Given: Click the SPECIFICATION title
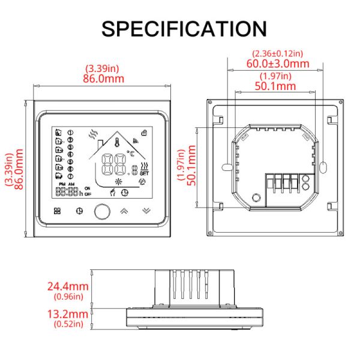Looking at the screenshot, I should (x=184, y=28).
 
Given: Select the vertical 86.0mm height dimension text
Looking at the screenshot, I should (x=19, y=170).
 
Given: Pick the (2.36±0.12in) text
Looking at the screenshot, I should (x=278, y=53).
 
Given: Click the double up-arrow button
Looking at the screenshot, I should (x=124, y=211).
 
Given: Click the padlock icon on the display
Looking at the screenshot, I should (x=143, y=132).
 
